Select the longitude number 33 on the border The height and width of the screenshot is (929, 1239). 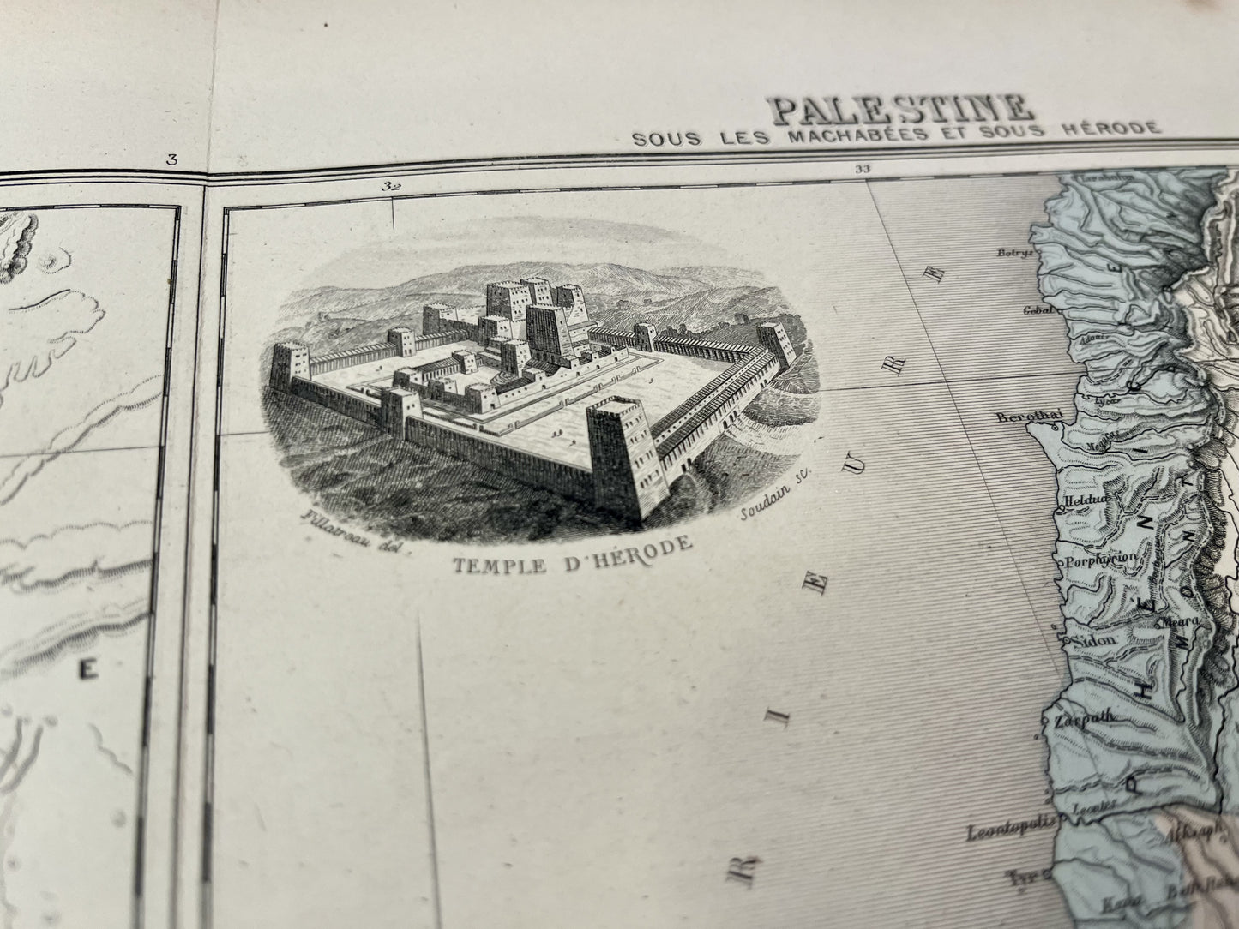coord(862,170)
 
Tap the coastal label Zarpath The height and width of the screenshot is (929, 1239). coord(1077,721)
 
